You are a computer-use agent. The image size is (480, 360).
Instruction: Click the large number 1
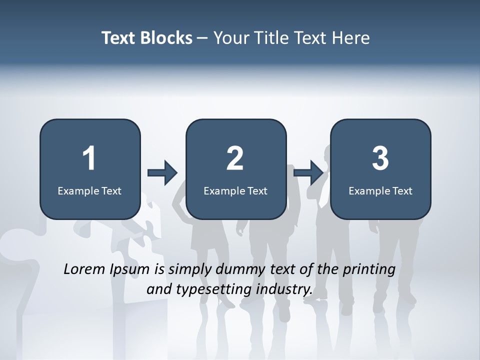coord(89,158)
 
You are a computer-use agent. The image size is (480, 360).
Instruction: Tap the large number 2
coord(235,158)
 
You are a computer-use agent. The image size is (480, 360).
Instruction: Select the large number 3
coord(380,158)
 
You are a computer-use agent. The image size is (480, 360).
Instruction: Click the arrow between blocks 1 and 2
coord(162,173)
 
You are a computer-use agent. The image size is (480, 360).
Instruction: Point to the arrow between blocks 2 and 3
coord(308,173)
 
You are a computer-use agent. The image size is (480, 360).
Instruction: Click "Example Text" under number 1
coord(89,190)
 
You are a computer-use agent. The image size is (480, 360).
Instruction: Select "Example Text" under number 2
coord(235,190)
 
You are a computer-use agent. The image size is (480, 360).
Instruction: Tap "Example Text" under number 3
coord(380,190)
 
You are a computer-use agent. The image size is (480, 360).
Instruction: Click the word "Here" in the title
coord(350,38)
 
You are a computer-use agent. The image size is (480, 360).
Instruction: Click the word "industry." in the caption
coord(284,289)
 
